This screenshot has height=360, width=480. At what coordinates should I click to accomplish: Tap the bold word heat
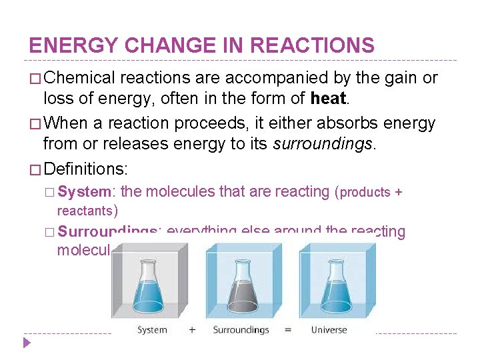click(x=329, y=99)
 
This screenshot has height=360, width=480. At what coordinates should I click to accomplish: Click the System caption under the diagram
click(x=152, y=330)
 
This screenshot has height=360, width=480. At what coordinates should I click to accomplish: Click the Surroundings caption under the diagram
click(x=241, y=330)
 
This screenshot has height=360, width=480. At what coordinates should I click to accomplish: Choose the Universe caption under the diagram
click(x=329, y=330)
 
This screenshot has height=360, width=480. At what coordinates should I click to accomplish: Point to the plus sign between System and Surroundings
click(x=191, y=330)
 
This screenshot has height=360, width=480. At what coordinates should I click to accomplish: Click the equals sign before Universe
click(x=288, y=330)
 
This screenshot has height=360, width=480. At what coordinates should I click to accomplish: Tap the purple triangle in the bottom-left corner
click(x=27, y=344)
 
